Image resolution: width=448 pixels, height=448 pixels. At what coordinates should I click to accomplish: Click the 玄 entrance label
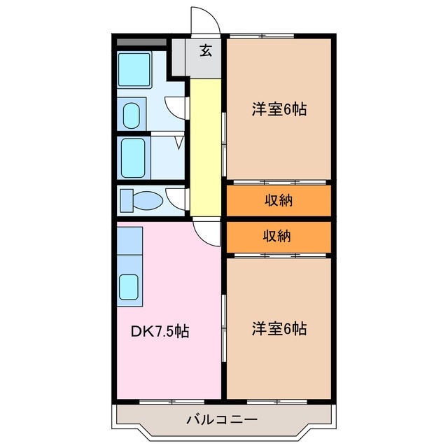[206, 50]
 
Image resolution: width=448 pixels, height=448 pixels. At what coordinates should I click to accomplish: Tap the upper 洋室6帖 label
[279, 109]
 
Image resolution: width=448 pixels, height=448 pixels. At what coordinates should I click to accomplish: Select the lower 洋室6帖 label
[279, 328]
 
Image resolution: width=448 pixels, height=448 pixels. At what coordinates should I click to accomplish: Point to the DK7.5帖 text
[160, 330]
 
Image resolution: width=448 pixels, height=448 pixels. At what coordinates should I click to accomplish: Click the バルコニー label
[222, 421]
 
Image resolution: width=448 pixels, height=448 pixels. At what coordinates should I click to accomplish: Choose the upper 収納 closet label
[278, 200]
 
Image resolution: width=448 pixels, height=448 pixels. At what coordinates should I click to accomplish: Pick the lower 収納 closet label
[278, 236]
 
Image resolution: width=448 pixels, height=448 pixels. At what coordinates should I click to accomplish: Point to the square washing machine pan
[132, 70]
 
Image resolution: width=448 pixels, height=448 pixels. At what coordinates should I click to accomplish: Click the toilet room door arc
[176, 198]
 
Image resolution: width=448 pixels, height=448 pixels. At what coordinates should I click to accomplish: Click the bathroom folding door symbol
[179, 142]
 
